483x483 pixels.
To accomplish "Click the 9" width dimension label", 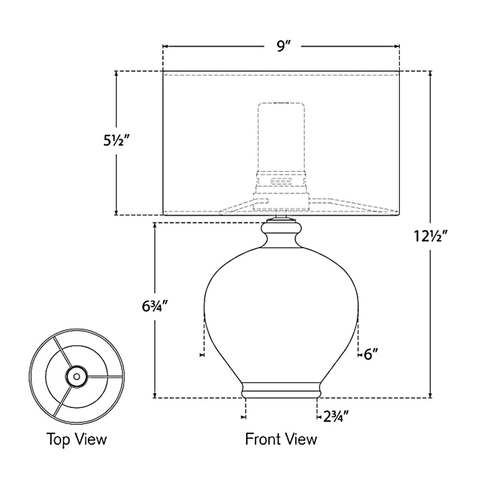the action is pyautogui.click(x=282, y=46).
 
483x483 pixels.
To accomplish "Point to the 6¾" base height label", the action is pyautogui.click(x=155, y=306).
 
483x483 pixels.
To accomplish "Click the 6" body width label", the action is pyautogui.click(x=371, y=355).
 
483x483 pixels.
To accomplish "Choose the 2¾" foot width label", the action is pyautogui.click(x=336, y=417).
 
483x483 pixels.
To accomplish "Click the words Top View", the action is pyautogui.click(x=76, y=439).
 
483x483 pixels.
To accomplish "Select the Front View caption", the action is pyautogui.click(x=281, y=439).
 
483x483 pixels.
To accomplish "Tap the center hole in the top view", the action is pyautogui.click(x=77, y=376).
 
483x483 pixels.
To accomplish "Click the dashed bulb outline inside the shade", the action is pyautogui.click(x=281, y=137).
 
